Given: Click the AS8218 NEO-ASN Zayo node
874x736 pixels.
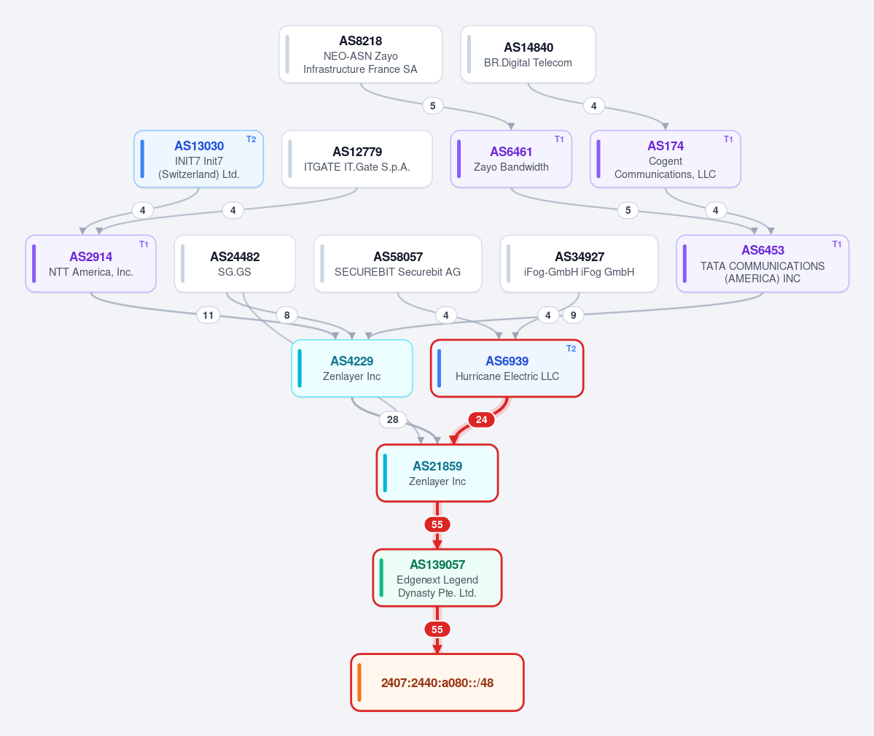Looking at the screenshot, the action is pyautogui.click(x=361, y=54).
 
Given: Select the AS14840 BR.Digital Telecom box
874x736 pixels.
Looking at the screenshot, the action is pyautogui.click(x=528, y=54).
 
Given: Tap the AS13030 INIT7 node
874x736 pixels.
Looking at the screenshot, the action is pyautogui.click(x=198, y=159).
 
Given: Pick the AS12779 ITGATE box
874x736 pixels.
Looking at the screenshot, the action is pyautogui.click(x=356, y=159).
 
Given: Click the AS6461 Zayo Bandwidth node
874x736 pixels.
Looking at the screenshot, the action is pyautogui.click(x=511, y=159).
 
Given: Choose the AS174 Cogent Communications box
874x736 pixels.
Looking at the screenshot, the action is pyautogui.click(x=665, y=159).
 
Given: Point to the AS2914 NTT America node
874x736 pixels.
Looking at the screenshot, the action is pyautogui.click(x=91, y=264).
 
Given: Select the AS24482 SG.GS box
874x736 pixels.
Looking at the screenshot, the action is pyautogui.click(x=235, y=264).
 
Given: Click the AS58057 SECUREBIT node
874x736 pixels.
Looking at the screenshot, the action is pyautogui.click(x=397, y=264).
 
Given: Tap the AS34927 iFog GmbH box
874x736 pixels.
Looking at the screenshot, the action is pyautogui.click(x=579, y=264).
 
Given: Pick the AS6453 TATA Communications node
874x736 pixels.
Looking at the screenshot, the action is pyautogui.click(x=762, y=264).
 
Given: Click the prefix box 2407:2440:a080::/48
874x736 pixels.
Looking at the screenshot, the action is pyautogui.click(x=437, y=683).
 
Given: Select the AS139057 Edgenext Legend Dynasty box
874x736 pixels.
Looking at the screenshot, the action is pyautogui.click(x=437, y=578).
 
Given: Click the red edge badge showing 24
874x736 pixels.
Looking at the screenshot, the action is pyautogui.click(x=482, y=420).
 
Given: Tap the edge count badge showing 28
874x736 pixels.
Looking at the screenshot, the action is pyautogui.click(x=392, y=420).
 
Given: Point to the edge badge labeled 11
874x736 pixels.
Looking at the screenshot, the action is pyautogui.click(x=208, y=316).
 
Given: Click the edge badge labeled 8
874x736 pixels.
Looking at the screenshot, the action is pyautogui.click(x=287, y=316).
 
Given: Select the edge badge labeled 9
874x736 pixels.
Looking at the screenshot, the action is pyautogui.click(x=573, y=316).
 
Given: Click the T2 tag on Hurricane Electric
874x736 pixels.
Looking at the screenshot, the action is pyautogui.click(x=571, y=349).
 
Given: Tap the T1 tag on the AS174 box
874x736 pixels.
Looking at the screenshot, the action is pyautogui.click(x=728, y=139).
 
